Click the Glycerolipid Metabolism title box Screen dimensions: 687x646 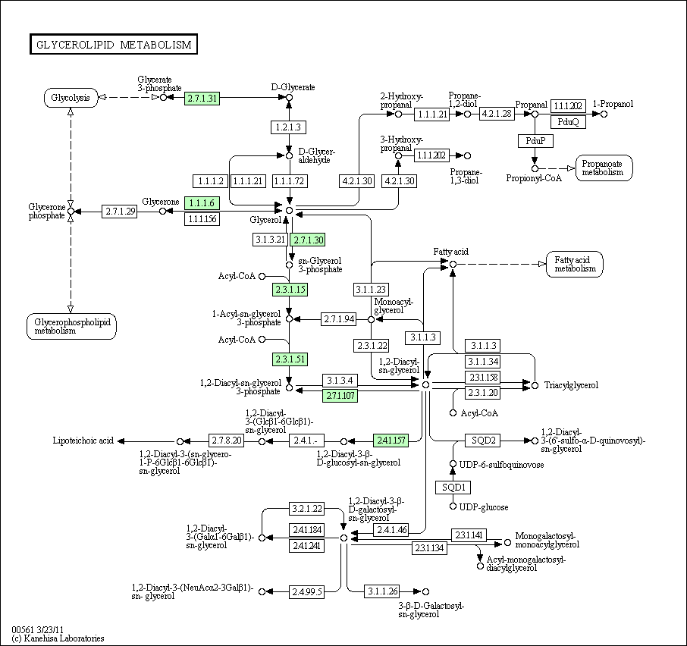(114, 44)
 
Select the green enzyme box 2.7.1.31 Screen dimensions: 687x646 (202, 98)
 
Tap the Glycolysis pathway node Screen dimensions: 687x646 (71, 98)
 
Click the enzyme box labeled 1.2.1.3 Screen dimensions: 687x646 (288, 127)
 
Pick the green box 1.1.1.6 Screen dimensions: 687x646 (202, 203)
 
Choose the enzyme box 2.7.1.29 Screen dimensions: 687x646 (119, 212)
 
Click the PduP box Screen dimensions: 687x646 (535, 140)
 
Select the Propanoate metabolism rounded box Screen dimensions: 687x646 (604, 168)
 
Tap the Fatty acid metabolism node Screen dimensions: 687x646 (575, 264)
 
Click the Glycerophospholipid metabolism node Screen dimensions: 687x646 (72, 326)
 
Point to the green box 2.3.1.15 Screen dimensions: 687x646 (290, 290)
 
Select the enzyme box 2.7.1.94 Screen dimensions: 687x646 (338, 319)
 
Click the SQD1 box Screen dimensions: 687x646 (453, 487)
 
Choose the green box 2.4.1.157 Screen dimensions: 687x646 (391, 441)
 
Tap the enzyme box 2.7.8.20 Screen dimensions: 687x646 (226, 441)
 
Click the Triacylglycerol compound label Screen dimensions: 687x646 (571, 385)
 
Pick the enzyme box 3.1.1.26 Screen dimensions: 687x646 (382, 591)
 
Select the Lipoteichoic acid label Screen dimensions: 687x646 (83, 441)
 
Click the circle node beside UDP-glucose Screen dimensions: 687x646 (453, 506)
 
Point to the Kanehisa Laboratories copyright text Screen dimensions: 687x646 (58, 638)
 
